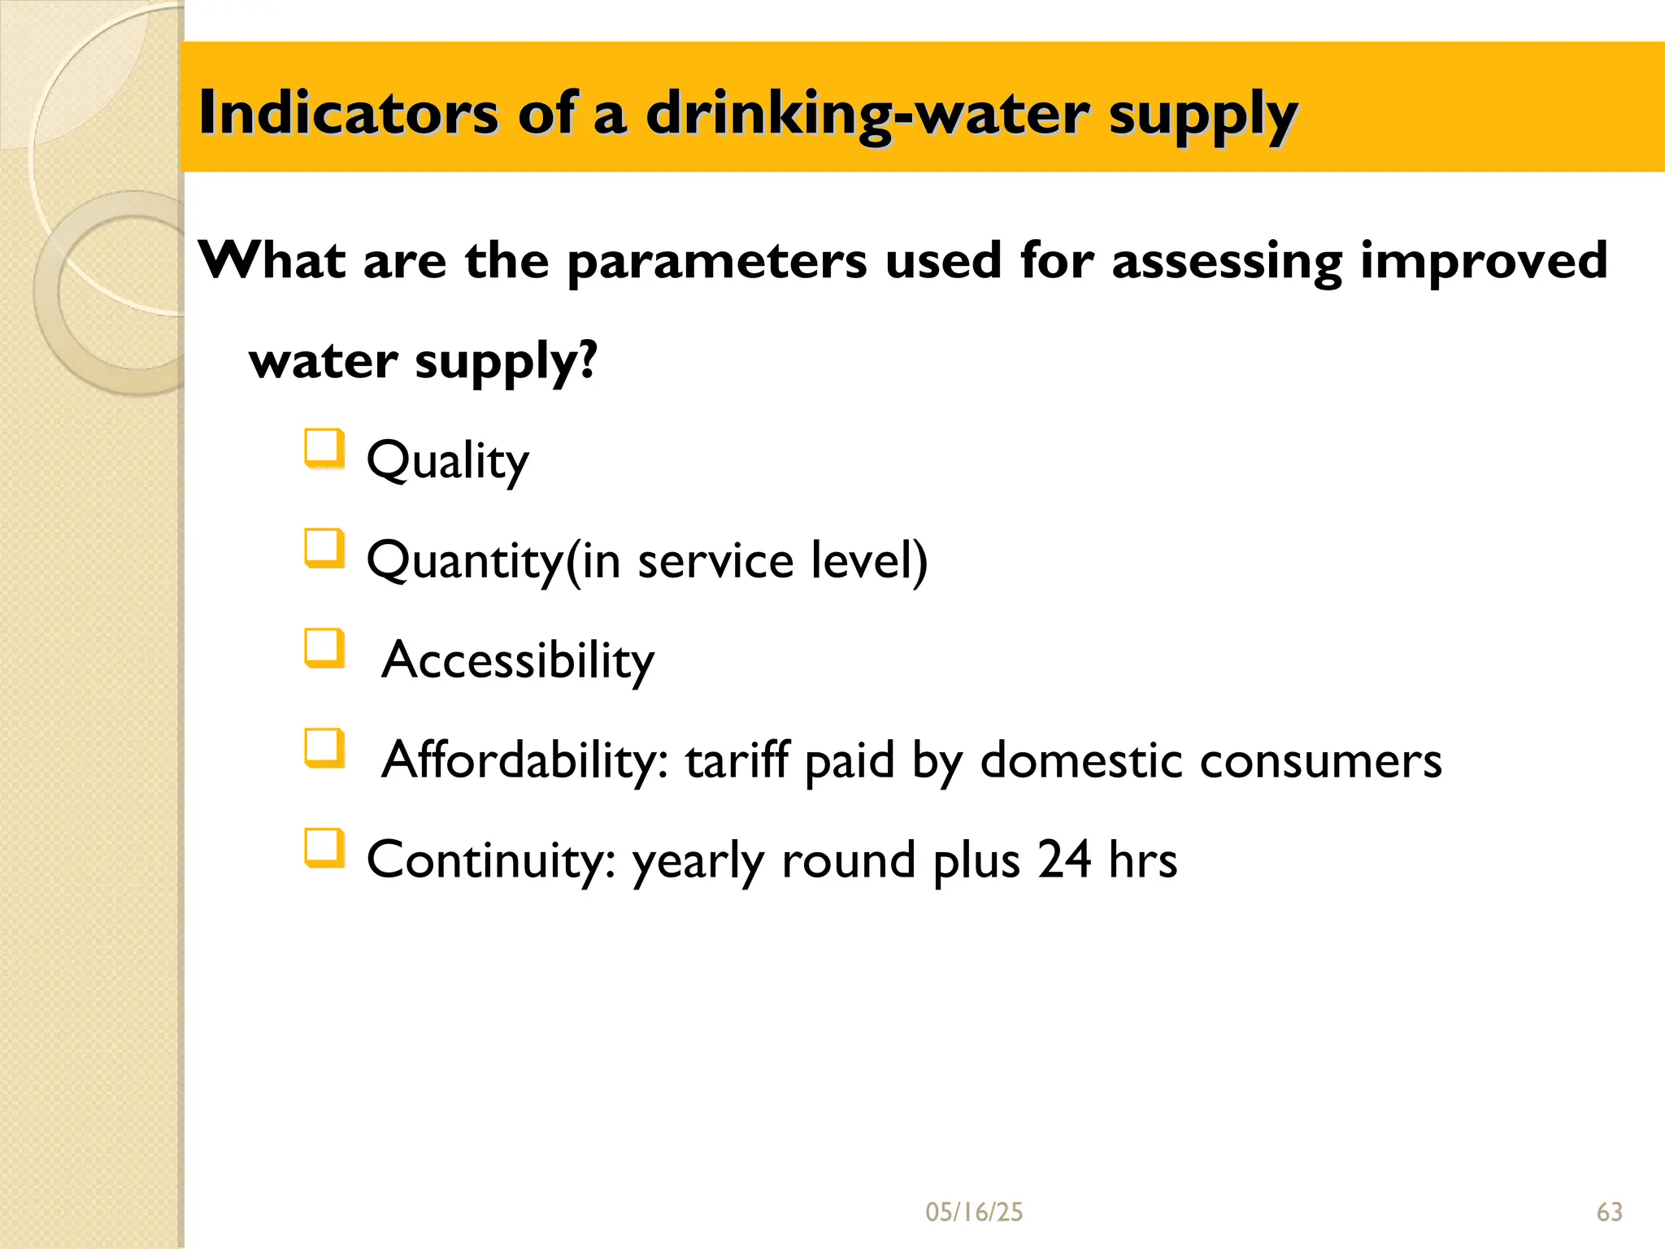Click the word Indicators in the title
pos(348,112)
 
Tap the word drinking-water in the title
pos(867,114)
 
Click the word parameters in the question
pos(716,262)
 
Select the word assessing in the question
pos(1226,262)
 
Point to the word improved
pos(1483,262)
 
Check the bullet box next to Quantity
pos(324,548)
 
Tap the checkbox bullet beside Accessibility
pos(324,648)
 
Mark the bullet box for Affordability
pos(324,748)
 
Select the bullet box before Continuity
pos(324,848)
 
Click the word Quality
pos(448,461)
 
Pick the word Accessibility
pos(518,659)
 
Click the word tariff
pos(737,759)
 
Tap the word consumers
pos(1320,761)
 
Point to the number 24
pos(1063,860)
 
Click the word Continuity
pos(491,860)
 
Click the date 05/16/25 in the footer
pos(974,1212)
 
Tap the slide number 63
pos(1609,1212)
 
